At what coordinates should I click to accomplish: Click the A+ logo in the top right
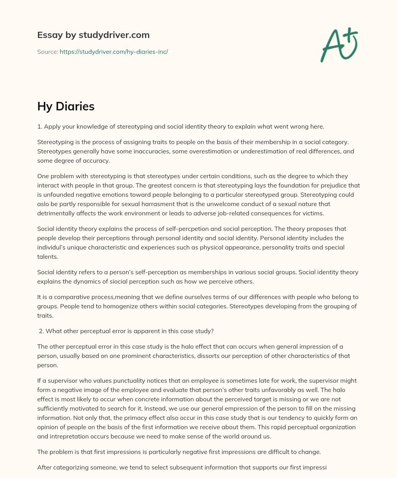tap(338, 45)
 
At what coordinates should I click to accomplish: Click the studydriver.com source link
tap(114, 52)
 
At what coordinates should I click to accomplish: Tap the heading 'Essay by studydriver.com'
tap(93, 35)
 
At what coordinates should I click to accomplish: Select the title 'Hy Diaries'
tap(66, 106)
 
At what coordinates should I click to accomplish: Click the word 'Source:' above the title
tap(48, 52)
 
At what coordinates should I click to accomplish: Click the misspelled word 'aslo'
tap(44, 204)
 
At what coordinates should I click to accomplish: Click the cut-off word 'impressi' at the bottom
tap(314, 467)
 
